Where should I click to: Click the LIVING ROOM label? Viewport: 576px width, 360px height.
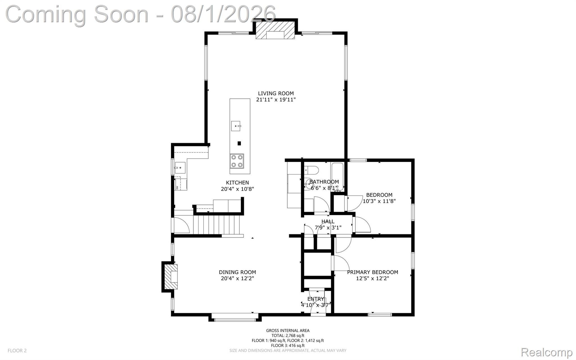(276, 93)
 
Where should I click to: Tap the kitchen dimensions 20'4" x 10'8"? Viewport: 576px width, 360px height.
(237, 189)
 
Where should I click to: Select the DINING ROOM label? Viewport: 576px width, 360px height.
(237, 272)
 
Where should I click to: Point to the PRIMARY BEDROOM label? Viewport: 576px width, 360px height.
(372, 272)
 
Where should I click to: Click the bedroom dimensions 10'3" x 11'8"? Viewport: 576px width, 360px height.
(379, 201)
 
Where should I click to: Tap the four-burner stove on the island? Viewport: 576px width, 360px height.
(237, 161)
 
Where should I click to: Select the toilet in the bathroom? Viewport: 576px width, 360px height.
(311, 170)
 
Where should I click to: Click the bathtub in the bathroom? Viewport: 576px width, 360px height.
(337, 177)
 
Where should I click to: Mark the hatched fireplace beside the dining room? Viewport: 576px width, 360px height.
(171, 277)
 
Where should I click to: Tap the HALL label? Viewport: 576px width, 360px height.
(328, 222)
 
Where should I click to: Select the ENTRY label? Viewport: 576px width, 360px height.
(316, 299)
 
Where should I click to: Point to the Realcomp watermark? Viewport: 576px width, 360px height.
(546, 352)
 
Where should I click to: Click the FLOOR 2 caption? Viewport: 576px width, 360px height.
(17, 350)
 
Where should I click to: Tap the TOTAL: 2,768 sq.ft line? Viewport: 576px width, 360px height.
(288, 336)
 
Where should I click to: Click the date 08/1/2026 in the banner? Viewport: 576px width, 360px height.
(223, 14)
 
